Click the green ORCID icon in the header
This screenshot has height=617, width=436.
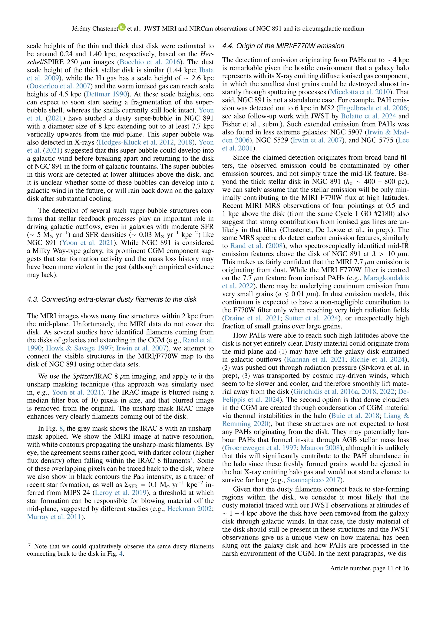pyautogui.click(x=122, y=27)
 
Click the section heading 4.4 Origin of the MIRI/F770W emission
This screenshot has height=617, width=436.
pyautogui.click(x=283, y=46)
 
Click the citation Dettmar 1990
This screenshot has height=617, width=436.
pyautogui.click(x=106, y=94)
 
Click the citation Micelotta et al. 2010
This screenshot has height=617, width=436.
pyautogui.click(x=360, y=92)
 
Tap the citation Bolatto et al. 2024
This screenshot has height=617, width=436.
pyautogui.click(x=368, y=116)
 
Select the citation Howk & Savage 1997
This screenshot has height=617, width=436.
pyautogui.click(x=79, y=348)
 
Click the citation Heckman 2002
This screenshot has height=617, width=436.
pyautogui.click(x=189, y=509)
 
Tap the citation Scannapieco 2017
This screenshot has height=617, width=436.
pyautogui.click(x=313, y=480)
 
